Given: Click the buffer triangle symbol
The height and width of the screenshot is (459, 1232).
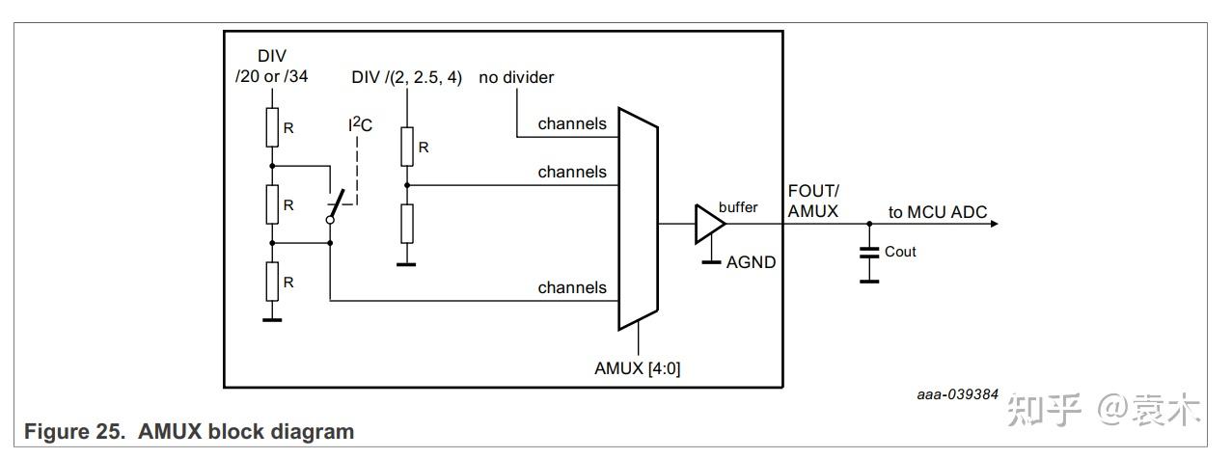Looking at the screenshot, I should point(708,224).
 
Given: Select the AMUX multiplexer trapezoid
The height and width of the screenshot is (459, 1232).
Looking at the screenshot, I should point(638,216).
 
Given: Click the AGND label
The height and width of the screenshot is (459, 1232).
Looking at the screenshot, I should point(751,261).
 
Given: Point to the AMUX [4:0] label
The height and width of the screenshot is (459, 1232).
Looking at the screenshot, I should point(638,368).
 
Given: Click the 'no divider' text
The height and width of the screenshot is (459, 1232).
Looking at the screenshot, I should point(516,77).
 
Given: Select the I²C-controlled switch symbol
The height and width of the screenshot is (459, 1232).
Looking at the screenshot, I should point(336,204).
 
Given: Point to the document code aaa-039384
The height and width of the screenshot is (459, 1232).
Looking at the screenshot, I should point(957,394).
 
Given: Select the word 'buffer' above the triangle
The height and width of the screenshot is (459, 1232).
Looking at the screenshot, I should point(738,207).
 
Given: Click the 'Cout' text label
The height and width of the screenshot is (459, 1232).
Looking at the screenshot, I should point(900,252).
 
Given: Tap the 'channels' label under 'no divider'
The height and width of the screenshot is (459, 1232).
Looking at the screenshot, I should point(572,123).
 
